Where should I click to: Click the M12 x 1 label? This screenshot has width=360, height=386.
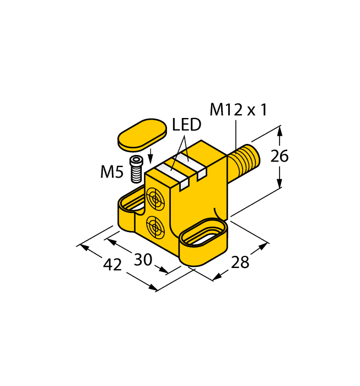pos(238,110)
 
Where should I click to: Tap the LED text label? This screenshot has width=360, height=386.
pos(186,125)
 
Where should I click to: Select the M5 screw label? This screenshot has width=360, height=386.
pos(111,172)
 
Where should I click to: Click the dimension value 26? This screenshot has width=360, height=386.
pos(280,157)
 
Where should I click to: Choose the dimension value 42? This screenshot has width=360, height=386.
pos(112,265)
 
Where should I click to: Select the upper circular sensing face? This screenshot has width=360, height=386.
pos(156,199)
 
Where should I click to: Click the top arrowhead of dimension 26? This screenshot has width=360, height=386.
pos(280,131)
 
